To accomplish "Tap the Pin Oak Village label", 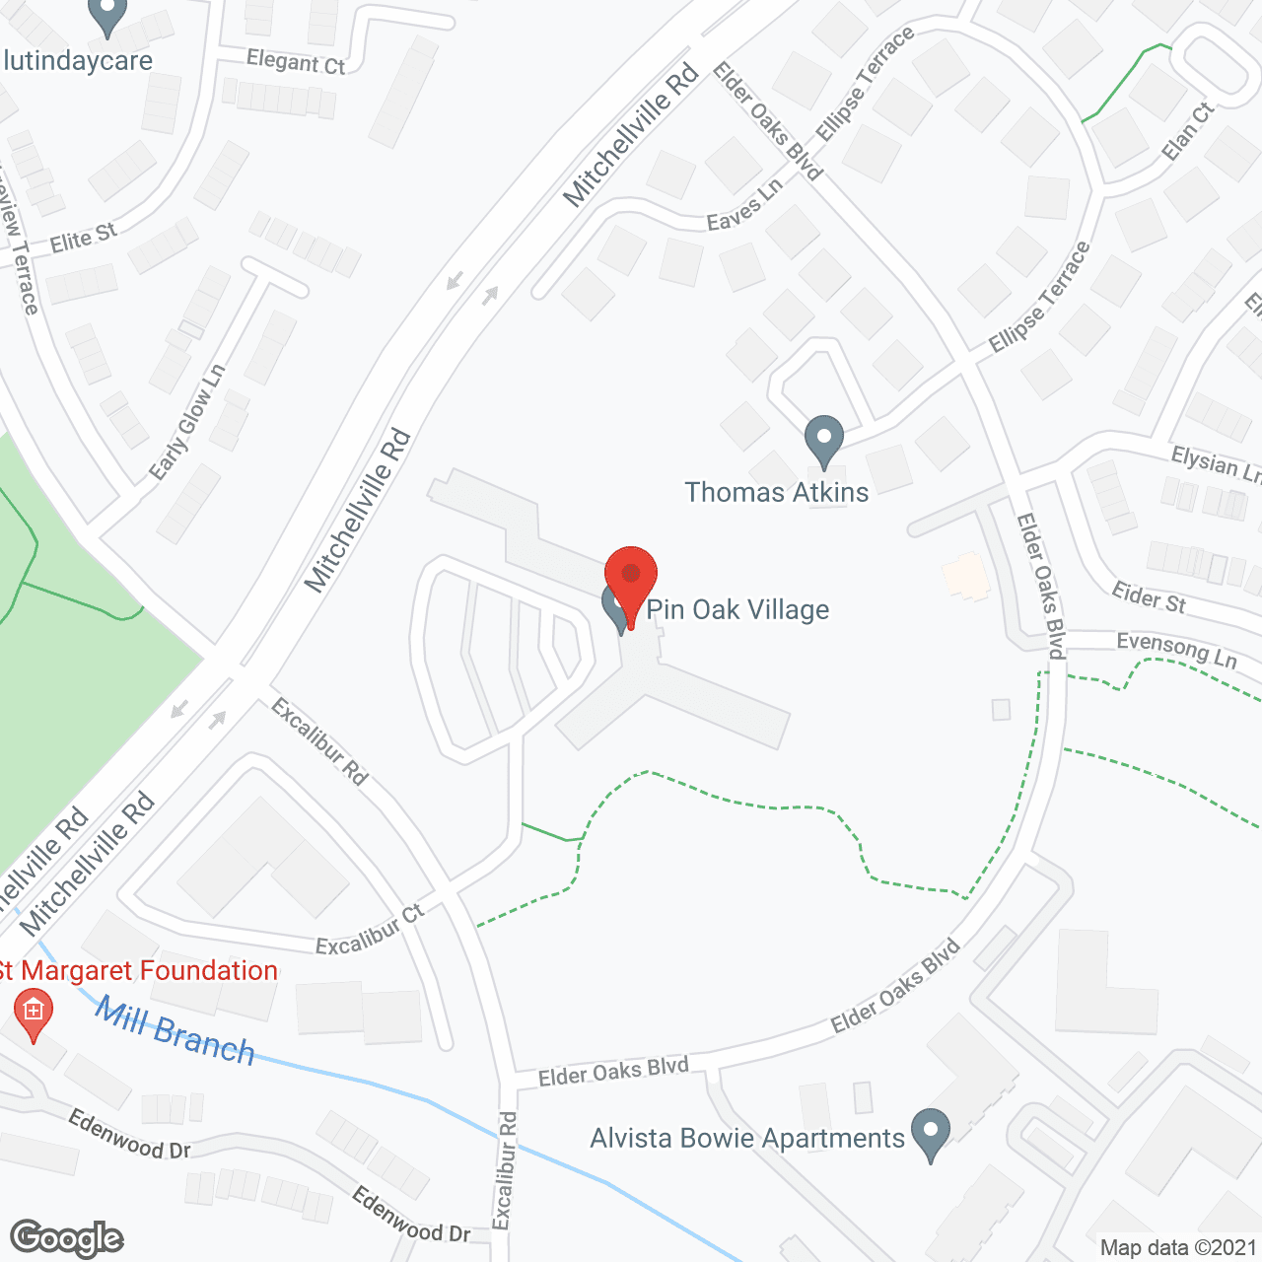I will (x=737, y=610).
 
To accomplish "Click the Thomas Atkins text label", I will (x=777, y=493).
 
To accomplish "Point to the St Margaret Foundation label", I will (x=138, y=971).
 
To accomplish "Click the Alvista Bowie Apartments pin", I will (x=930, y=1133).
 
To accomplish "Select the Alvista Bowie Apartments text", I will (x=747, y=1139).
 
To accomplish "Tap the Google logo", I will (x=67, y=1238).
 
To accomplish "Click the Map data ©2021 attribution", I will (x=1178, y=1248).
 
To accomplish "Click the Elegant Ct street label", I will (x=296, y=62).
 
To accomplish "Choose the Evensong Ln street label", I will (x=1176, y=651).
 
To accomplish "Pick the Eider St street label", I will (x=1149, y=597).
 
